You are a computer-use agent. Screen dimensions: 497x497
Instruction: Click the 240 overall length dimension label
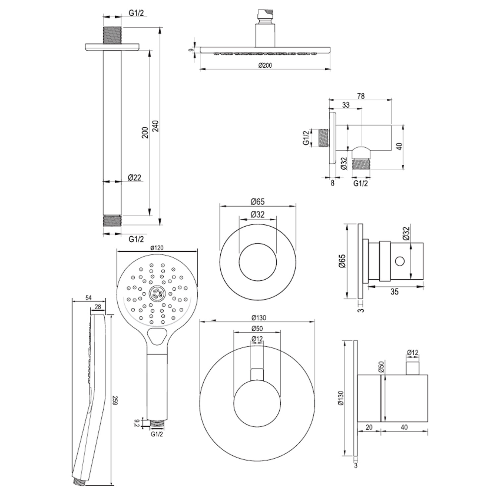tap(156, 126)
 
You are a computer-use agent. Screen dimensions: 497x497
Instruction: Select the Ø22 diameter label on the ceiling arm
tap(135, 178)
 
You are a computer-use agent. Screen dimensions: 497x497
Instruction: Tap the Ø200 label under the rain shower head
tap(265, 65)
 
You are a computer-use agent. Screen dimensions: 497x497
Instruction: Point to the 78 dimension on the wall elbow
tap(361, 96)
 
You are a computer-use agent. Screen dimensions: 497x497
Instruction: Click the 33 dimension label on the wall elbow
tap(346, 105)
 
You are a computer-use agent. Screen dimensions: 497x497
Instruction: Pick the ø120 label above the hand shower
tap(157, 248)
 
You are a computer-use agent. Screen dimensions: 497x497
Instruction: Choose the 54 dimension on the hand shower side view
tap(88, 298)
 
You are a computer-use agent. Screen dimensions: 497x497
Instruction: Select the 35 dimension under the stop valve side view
tap(394, 292)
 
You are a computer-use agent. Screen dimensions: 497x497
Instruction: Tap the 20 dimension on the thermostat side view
tap(369, 427)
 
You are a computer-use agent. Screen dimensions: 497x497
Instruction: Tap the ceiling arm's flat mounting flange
tap(112, 47)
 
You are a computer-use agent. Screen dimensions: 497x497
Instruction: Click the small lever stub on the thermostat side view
tap(413, 368)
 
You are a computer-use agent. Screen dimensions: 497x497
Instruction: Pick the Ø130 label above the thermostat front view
tap(258, 318)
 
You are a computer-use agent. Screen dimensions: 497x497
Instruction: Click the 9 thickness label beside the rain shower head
tap(191, 50)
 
